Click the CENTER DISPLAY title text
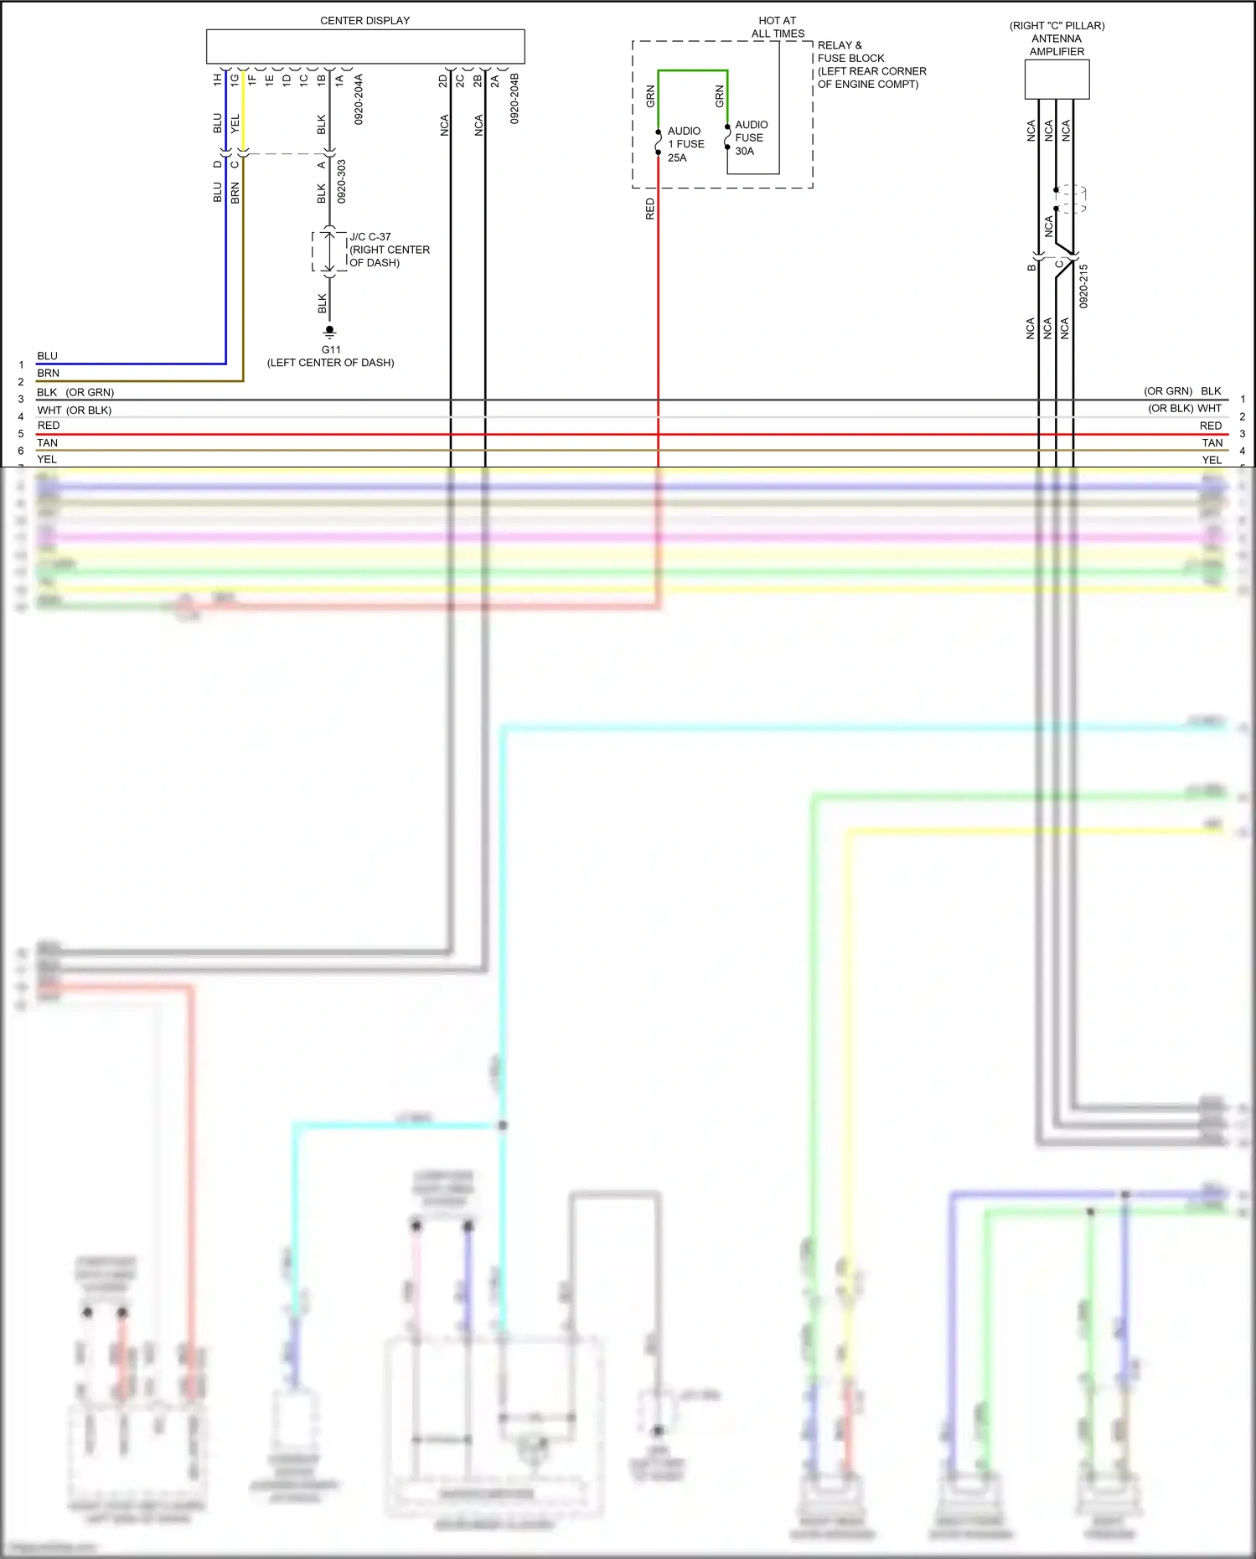tap(364, 20)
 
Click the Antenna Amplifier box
tap(1057, 80)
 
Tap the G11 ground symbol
tap(329, 331)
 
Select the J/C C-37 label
tap(370, 237)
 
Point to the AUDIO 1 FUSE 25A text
tap(685, 144)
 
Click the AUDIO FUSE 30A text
tap(751, 137)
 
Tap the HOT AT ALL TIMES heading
tap(778, 27)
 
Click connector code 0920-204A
tap(359, 99)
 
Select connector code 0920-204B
tap(514, 99)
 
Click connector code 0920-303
tap(341, 182)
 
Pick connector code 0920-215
tap(1083, 286)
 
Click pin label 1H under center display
tap(217, 80)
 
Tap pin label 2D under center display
tap(443, 81)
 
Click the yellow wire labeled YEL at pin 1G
tap(243, 117)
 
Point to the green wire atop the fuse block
tap(692, 71)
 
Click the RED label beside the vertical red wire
tap(650, 209)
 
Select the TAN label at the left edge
tap(48, 442)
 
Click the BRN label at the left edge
tap(48, 373)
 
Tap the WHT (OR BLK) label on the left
tap(74, 410)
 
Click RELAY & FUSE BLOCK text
tap(850, 52)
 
